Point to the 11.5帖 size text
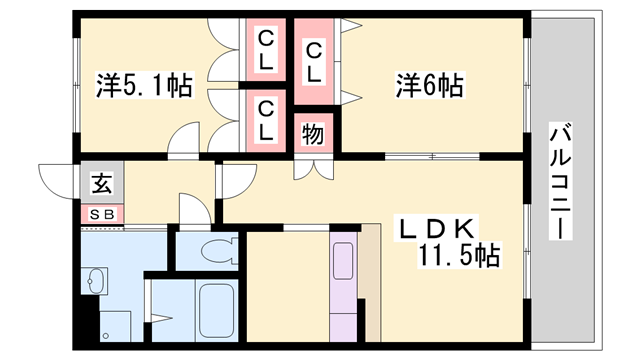tap(459, 256)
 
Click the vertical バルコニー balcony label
tap(561, 180)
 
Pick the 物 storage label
tap(313, 133)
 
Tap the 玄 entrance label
tap(101, 184)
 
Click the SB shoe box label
tap(101, 213)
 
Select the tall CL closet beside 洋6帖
tap(313, 61)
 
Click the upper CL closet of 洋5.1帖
tap(266, 51)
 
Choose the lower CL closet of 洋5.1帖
tap(266, 118)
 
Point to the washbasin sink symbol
tap(97, 282)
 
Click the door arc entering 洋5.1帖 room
tap(185, 142)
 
